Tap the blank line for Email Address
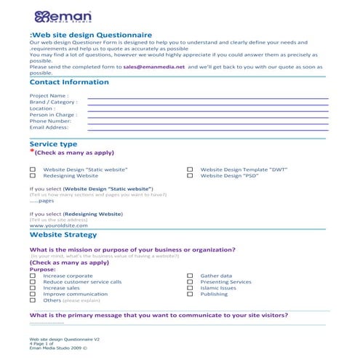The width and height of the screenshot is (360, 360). pyautogui.click(x=207, y=128)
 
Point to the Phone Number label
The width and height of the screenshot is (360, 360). pyautogui.click(x=50, y=121)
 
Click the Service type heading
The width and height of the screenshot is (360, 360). pyautogui.click(x=53, y=144)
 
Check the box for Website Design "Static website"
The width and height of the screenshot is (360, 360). pyautogui.click(x=32, y=169)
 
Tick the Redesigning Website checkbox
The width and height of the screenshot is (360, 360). pyautogui.click(x=32, y=176)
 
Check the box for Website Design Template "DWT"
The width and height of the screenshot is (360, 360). pyautogui.click(x=190, y=169)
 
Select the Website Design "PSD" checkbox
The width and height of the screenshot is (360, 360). pyautogui.click(x=190, y=176)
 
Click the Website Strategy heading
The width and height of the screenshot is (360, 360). pyautogui.click(x=63, y=235)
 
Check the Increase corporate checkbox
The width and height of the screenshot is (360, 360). pyautogui.click(x=32, y=276)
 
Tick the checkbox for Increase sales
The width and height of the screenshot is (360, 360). pyautogui.click(x=32, y=288)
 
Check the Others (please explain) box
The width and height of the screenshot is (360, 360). pyautogui.click(x=32, y=300)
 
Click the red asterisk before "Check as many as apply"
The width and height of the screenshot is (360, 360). pyautogui.click(x=31, y=153)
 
